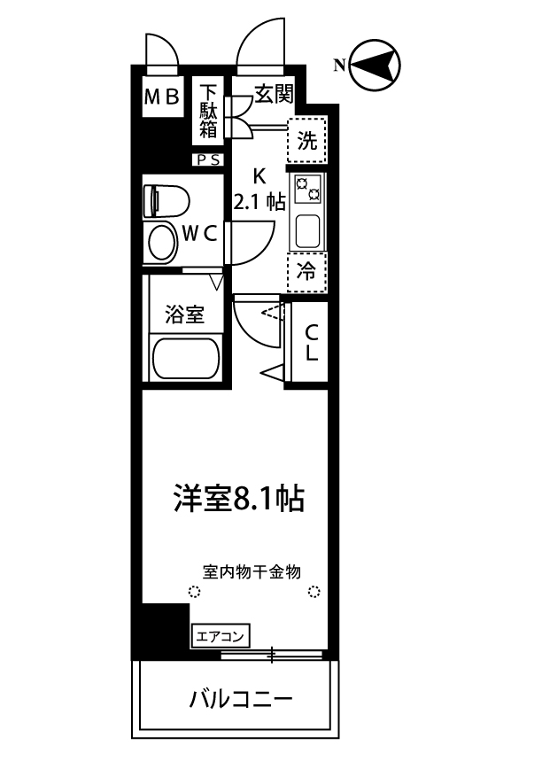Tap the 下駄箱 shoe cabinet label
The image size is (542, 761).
click(x=208, y=111)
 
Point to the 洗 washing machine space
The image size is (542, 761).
click(x=306, y=139)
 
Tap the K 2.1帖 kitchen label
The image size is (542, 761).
click(x=259, y=188)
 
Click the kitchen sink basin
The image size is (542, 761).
click(x=307, y=232)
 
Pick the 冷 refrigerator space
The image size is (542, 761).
click(x=306, y=272)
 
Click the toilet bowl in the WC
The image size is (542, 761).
click(x=160, y=240)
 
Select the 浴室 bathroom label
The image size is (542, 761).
click(x=186, y=314)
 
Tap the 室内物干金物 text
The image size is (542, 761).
click(x=252, y=571)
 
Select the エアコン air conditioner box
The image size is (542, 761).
click(x=221, y=635)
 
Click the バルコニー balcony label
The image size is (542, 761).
click(x=240, y=698)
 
